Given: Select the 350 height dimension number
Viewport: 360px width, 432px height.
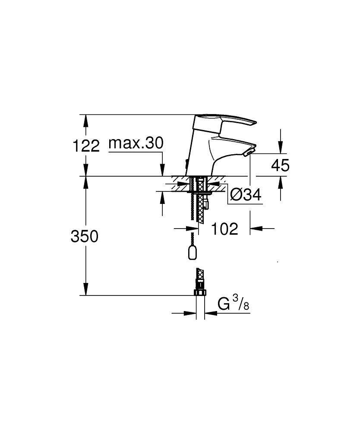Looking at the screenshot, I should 85,236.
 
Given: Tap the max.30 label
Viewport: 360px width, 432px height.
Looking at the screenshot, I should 136,143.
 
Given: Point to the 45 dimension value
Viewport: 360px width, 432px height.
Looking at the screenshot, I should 280,165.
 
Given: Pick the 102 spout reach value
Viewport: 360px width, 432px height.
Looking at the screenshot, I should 224,229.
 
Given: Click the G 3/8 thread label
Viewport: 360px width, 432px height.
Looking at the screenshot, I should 234,305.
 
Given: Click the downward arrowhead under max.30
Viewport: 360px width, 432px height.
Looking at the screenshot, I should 162,171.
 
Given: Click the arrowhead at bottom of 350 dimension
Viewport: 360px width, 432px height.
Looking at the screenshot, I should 86,290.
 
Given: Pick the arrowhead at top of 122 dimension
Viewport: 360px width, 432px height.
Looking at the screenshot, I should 86,120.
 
